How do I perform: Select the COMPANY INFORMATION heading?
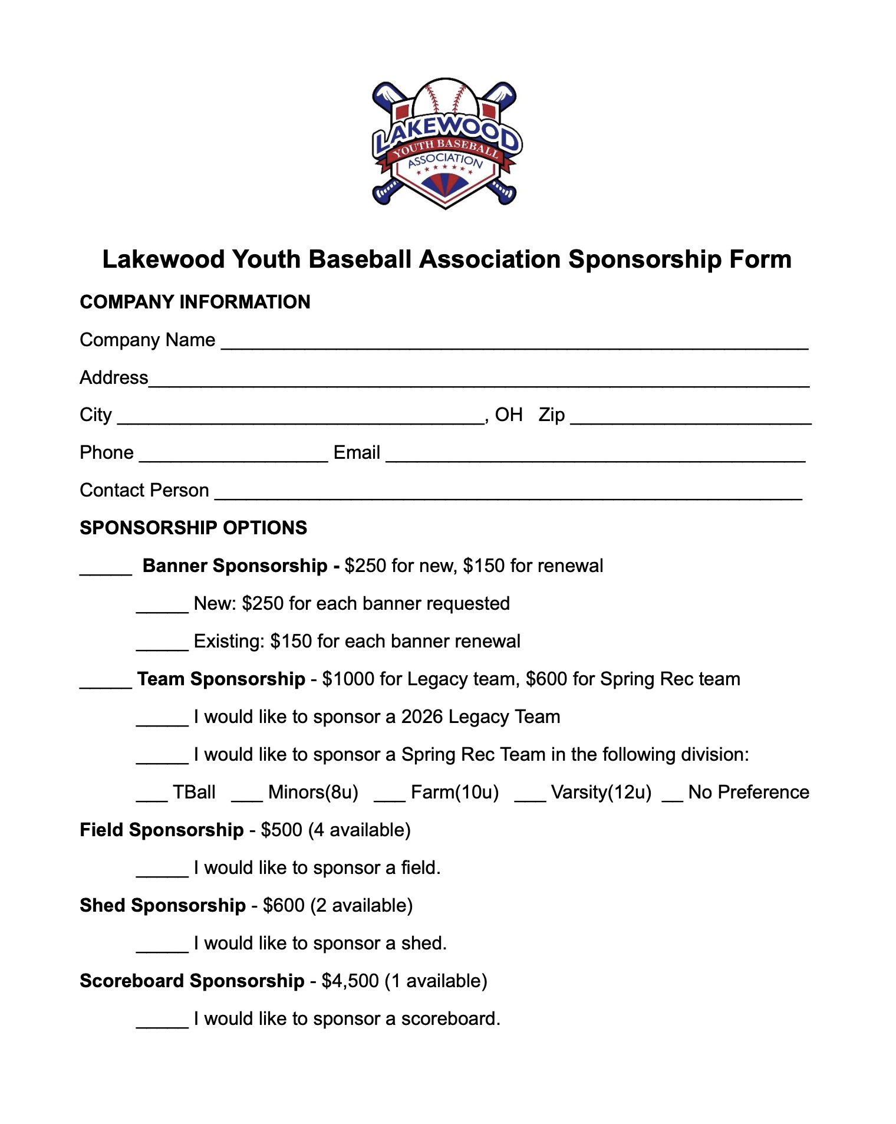(195, 302)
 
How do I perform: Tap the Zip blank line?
(690, 419)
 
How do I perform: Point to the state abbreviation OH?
(509, 415)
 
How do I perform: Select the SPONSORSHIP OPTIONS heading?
(193, 528)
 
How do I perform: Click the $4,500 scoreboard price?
(350, 981)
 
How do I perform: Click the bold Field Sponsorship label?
(162, 830)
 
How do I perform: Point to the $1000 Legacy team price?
(348, 679)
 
